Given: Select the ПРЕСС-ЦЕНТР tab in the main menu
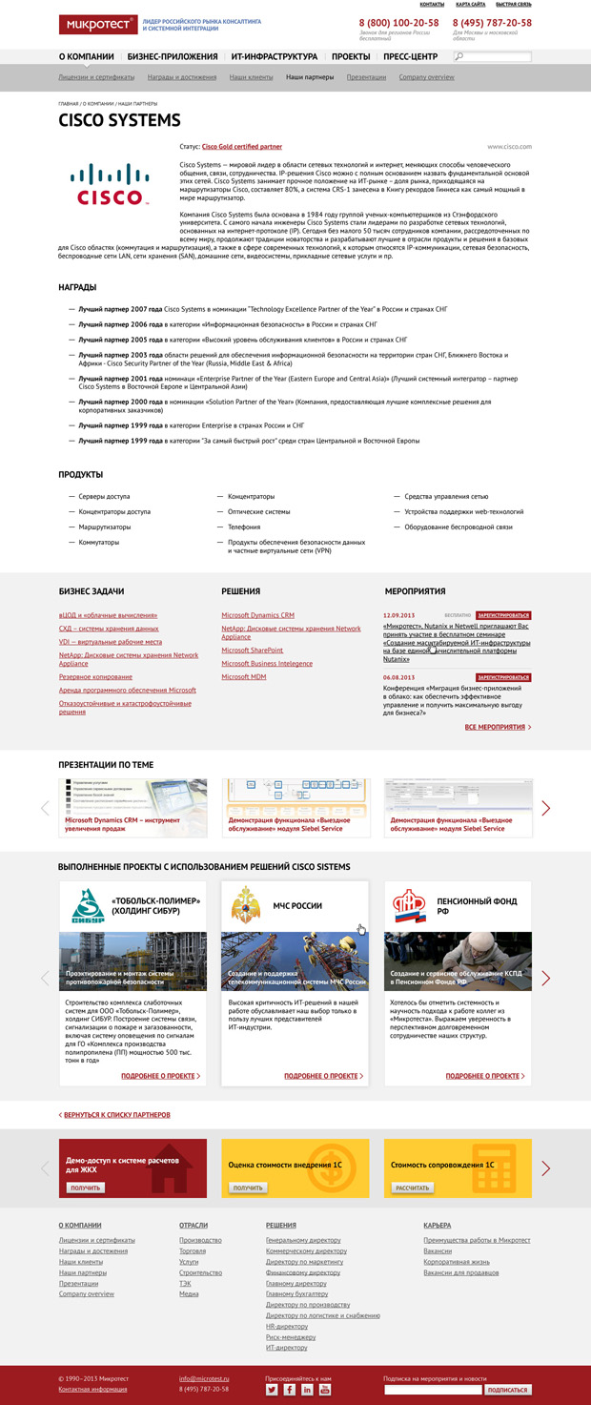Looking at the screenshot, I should point(411,56).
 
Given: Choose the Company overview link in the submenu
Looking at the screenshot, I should point(426,77).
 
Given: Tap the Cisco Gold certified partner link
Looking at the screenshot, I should point(242,147).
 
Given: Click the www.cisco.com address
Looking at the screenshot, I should point(509,147).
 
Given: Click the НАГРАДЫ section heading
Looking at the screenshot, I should point(78,287).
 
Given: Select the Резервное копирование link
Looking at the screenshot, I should point(95,676).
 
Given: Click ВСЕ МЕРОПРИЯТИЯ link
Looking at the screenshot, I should point(498,727).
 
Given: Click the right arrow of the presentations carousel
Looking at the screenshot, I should point(546,808).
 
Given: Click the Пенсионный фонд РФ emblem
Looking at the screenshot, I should point(407,906).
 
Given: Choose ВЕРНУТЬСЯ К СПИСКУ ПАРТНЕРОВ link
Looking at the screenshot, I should point(115,1114).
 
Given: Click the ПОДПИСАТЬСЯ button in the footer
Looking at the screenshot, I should point(507,1390).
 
